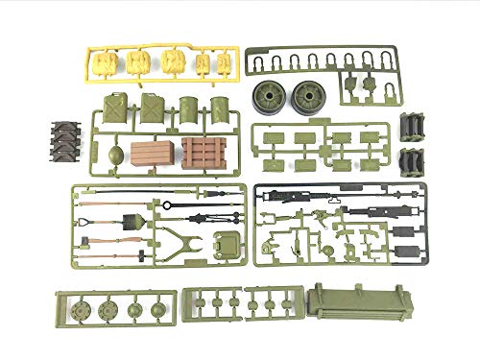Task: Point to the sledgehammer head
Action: (x=140, y=254)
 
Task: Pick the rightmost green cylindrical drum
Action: (x=221, y=108)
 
